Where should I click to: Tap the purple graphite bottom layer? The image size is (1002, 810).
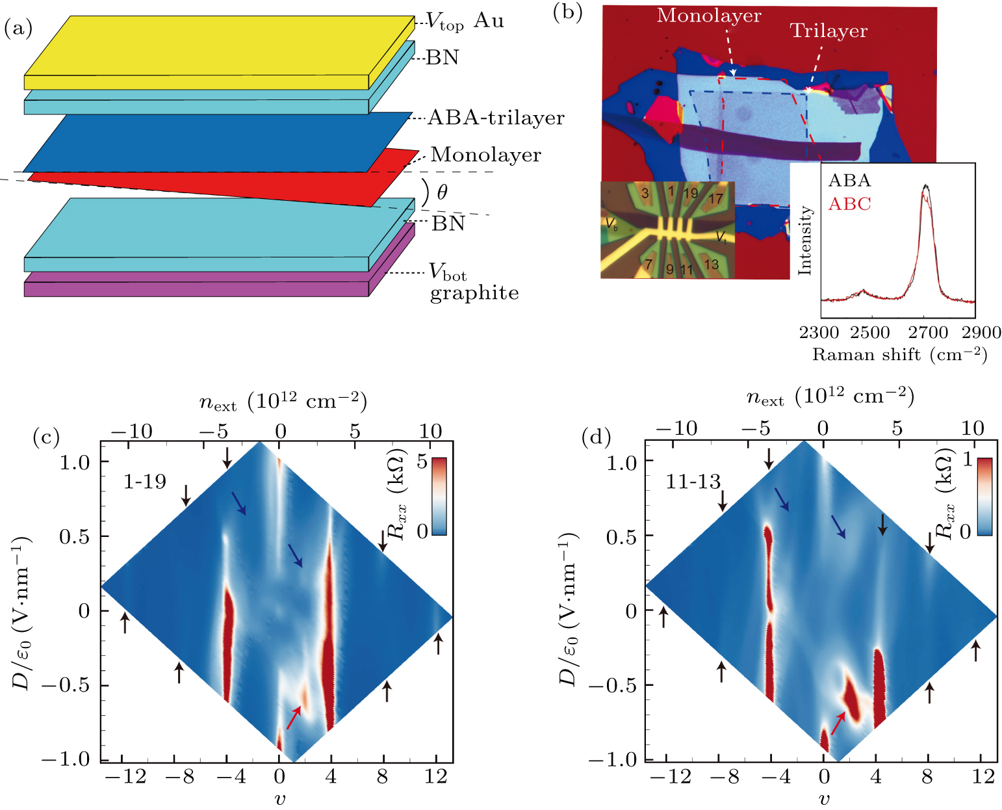(195, 289)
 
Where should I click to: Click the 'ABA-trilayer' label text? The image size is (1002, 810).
(496, 118)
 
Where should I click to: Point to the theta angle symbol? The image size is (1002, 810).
(442, 192)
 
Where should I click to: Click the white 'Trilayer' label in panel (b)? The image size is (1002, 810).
(829, 31)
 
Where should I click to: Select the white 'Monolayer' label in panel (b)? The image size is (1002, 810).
(708, 16)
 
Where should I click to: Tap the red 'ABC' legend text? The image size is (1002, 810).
(849, 204)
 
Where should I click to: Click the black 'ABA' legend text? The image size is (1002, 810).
(849, 181)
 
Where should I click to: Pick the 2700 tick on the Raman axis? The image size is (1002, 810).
(928, 333)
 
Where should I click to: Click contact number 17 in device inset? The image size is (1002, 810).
(715, 198)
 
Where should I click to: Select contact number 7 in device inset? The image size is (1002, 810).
(648, 265)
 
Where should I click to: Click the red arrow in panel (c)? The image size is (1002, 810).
(294, 717)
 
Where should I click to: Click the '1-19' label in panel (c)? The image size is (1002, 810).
(145, 482)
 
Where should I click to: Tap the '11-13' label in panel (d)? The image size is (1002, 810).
(693, 482)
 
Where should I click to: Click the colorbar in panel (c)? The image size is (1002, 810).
(439, 496)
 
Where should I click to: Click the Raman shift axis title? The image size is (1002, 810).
(899, 355)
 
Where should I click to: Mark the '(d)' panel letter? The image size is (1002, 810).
(595, 438)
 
